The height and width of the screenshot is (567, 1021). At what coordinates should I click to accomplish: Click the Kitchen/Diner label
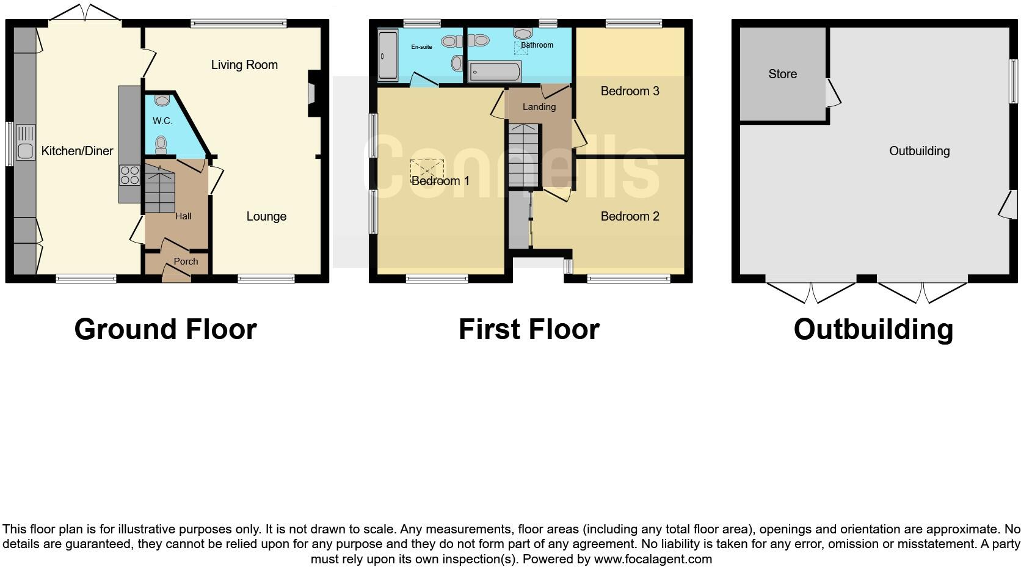tap(77, 151)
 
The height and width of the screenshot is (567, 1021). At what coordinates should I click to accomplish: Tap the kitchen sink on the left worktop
tap(26, 142)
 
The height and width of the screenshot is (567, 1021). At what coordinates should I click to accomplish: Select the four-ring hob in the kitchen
tap(129, 175)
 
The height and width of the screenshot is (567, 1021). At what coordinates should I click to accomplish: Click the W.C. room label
tap(162, 121)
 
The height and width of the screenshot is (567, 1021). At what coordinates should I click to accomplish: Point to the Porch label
tap(186, 262)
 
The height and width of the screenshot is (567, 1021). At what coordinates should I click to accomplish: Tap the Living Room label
tap(244, 65)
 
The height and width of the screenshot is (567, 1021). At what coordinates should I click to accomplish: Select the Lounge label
tap(266, 216)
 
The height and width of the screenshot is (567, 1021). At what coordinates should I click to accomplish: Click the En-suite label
tap(421, 47)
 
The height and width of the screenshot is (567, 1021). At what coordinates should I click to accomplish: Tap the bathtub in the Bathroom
tap(495, 72)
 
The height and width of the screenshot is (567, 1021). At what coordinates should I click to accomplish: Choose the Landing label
tap(539, 107)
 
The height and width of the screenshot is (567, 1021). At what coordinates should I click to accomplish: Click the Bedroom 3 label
tap(630, 91)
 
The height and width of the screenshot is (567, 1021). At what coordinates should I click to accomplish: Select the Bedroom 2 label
tap(630, 216)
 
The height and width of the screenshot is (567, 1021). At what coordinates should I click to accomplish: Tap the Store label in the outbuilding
tap(782, 74)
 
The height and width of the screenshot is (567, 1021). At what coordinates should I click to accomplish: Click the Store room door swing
tap(834, 93)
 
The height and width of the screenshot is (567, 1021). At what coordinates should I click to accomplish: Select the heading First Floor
tap(529, 329)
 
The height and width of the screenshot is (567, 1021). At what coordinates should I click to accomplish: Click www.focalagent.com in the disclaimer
tap(652, 559)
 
